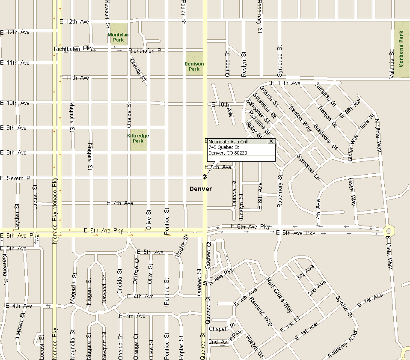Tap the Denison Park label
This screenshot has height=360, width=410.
pos(194,66)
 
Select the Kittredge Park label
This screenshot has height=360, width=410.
pos(138,138)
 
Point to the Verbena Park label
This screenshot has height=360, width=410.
pos(401,49)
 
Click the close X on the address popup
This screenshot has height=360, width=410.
pos(271,141)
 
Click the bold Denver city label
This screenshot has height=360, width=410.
pos(201,189)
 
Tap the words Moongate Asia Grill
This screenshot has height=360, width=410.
pos(228,142)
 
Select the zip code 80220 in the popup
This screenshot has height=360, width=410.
pos(241,153)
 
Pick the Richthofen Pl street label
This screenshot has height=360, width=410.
pos(146,51)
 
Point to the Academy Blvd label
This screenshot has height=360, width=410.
pos(342,345)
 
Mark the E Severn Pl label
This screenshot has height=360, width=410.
pos(16,178)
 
